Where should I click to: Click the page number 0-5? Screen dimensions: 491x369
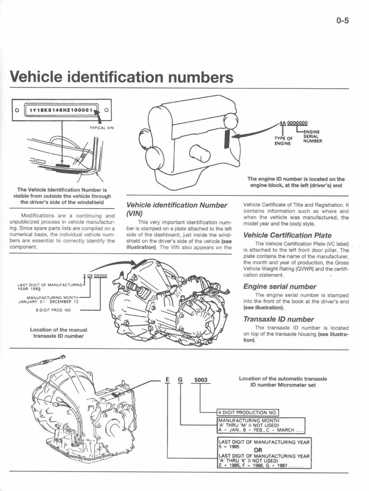pyautogui.click(x=342, y=21)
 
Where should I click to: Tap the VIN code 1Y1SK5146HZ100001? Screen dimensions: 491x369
pyautogui.click(x=61, y=110)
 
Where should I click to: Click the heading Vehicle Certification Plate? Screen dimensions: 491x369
pyautogui.click(x=288, y=235)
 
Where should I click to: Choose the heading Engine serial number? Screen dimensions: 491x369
pyautogui.click(x=279, y=286)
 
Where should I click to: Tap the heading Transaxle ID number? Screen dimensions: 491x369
pyautogui.click(x=278, y=319)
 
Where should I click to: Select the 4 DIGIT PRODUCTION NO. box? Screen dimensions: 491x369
pyautogui.click(x=248, y=412)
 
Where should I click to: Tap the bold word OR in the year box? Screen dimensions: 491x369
pyautogui.click(x=258, y=450)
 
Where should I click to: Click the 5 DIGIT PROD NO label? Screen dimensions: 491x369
pyautogui.click(x=53, y=310)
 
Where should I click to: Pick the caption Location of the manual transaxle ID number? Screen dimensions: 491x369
pyautogui.click(x=58, y=333)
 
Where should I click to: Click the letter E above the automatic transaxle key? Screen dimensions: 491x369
pyautogui.click(x=168, y=380)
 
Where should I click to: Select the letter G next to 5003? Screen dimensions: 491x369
pyautogui.click(x=180, y=380)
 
